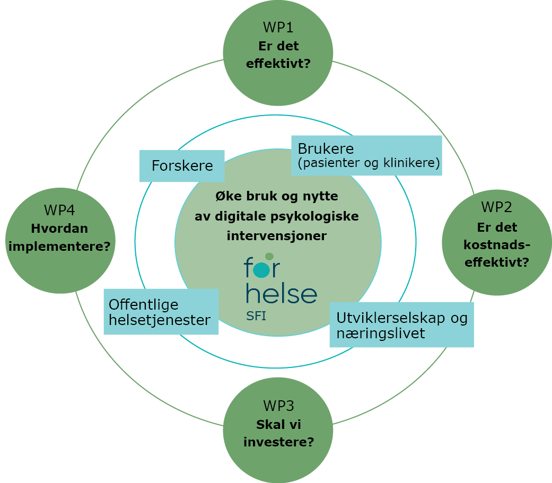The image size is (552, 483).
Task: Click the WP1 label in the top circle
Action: (278, 28)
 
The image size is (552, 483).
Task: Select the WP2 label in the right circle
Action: (497, 207)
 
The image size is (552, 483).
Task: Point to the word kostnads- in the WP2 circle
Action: (497, 244)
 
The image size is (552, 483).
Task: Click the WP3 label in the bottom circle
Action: (278, 407)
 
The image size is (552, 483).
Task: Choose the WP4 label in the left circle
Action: (60, 210)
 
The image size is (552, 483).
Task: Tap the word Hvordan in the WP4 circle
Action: (59, 229)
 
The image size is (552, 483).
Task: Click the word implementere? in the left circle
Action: (60, 246)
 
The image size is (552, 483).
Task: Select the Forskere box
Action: (182, 166)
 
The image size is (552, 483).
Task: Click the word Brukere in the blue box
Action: (326, 148)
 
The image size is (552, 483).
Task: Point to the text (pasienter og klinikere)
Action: (369, 163)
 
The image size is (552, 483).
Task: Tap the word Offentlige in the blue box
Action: (144, 305)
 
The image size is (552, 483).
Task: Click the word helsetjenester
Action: (160, 320)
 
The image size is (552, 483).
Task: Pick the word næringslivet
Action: (380, 333)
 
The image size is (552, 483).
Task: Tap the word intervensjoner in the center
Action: (277, 235)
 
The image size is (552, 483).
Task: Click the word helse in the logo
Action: (282, 293)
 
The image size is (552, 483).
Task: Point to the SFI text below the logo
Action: (256, 317)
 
